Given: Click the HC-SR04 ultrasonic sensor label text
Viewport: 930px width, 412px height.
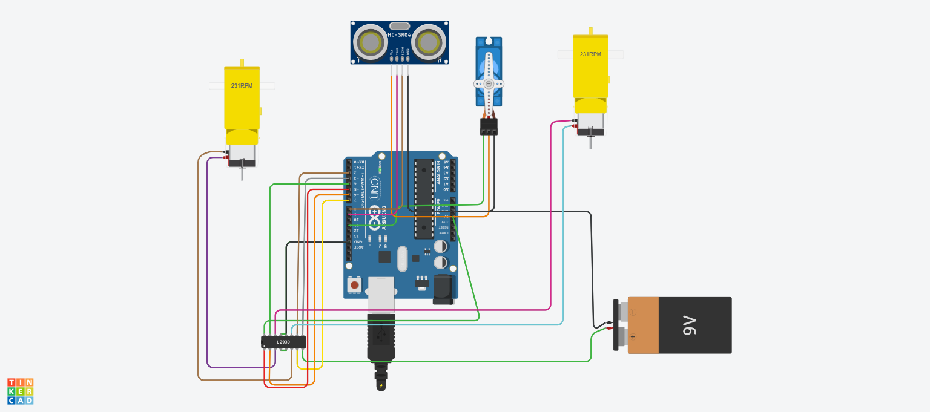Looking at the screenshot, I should [400, 35].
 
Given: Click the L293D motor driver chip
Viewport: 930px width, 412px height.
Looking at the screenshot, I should [283, 342].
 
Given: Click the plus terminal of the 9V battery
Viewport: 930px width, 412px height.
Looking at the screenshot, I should [633, 336].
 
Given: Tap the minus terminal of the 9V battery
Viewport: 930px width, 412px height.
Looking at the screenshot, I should [633, 312].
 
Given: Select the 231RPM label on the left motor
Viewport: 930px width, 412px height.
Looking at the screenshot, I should [242, 86].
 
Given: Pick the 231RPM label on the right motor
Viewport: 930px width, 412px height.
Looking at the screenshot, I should [590, 54].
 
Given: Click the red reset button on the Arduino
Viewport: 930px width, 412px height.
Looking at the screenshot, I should [355, 284].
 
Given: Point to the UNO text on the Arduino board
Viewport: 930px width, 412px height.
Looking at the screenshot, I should [375, 185].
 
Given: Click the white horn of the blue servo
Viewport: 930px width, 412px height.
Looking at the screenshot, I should [489, 83].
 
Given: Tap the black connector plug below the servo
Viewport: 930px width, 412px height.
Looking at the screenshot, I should [489, 126].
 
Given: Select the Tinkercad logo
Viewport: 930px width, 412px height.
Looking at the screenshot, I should [20, 391].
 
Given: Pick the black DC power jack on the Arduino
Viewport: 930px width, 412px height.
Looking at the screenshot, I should [444, 289].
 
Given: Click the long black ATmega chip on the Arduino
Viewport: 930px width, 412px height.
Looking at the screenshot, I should [424, 199].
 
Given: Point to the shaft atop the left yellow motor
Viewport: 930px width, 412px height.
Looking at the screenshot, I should [242, 62].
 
